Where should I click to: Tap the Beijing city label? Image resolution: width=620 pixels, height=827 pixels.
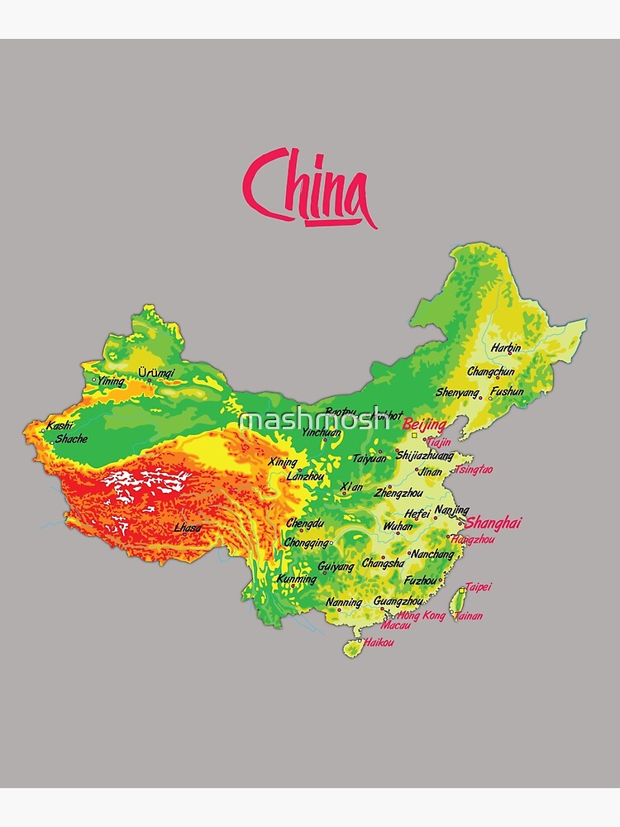[x=424, y=425]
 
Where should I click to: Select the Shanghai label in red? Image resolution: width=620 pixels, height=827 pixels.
[x=494, y=523]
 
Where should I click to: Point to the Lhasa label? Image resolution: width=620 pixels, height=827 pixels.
[x=188, y=528]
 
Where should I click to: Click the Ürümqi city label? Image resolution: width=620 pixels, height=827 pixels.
[x=156, y=373]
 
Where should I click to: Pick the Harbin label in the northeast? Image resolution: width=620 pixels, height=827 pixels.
[x=506, y=348]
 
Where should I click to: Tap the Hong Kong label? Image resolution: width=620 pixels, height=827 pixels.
[x=422, y=615]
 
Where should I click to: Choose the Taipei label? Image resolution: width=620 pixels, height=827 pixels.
[x=478, y=587]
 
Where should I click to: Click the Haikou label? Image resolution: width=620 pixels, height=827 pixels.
[x=379, y=642]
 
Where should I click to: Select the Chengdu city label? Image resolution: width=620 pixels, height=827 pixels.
[x=304, y=523]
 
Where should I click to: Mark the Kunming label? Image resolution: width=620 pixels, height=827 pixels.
[x=297, y=579]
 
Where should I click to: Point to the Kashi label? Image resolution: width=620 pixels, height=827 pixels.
[x=60, y=426]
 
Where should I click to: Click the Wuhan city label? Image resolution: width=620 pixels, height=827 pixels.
[x=398, y=526]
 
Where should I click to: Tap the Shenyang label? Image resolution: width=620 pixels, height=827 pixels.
[x=457, y=393]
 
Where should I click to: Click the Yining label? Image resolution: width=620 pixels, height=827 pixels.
[x=111, y=381]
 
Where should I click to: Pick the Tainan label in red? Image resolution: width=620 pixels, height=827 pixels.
[x=469, y=616]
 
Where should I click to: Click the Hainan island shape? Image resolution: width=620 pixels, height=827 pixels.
[x=353, y=647]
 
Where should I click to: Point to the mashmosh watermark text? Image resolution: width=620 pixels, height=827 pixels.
[x=314, y=419]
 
